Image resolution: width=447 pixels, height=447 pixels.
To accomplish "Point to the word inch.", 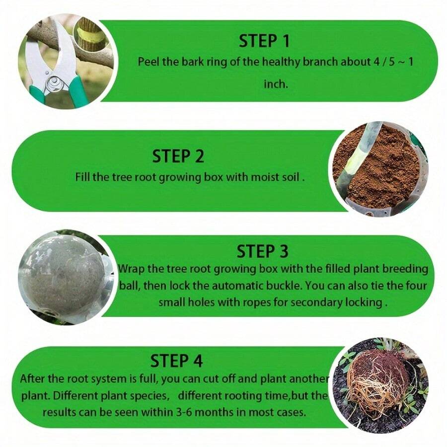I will tap(275, 83).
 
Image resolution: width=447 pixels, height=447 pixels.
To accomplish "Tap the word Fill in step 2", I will tap(83, 177).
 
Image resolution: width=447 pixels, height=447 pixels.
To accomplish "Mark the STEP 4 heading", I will tap(176, 360).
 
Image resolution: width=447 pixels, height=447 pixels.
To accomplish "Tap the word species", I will tap(148, 396).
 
